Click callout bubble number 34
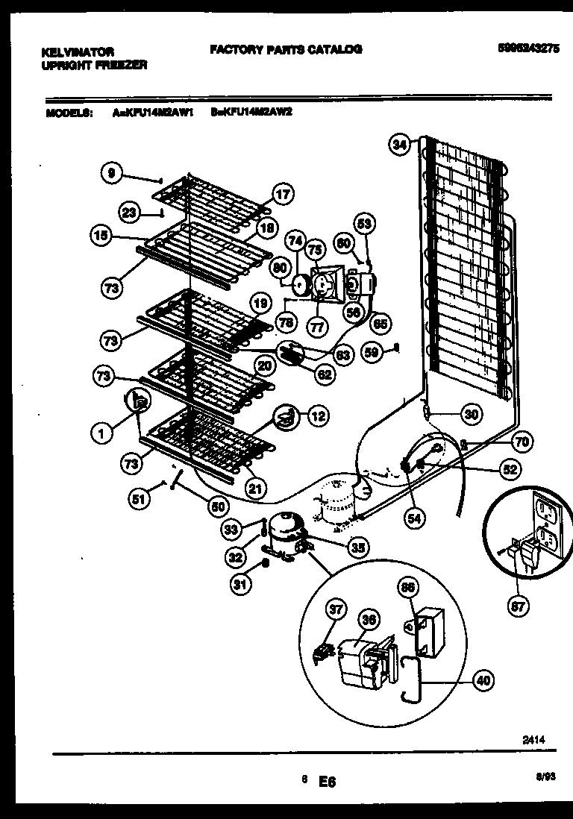tap(400, 145)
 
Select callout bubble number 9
tap(110, 174)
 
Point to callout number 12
tap(318, 416)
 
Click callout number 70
tap(522, 442)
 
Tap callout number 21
tap(256, 489)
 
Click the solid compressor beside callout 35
tap(284, 531)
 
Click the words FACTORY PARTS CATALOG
tap(286, 49)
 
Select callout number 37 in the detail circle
tap(336, 611)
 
